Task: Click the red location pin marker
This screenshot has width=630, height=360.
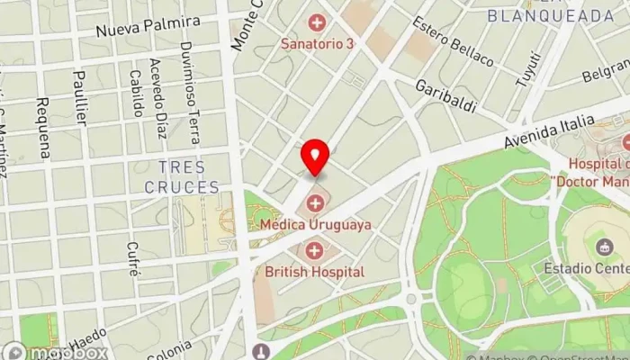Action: (315, 157)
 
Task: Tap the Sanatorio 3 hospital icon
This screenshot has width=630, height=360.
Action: (316, 21)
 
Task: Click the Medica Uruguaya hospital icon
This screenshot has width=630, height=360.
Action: (315, 202)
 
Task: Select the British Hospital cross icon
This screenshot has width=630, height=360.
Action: (315, 250)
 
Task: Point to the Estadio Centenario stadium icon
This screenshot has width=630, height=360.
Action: (601, 247)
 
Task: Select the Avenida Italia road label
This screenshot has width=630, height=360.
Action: (550, 132)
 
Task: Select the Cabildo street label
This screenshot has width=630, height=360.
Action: (136, 94)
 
